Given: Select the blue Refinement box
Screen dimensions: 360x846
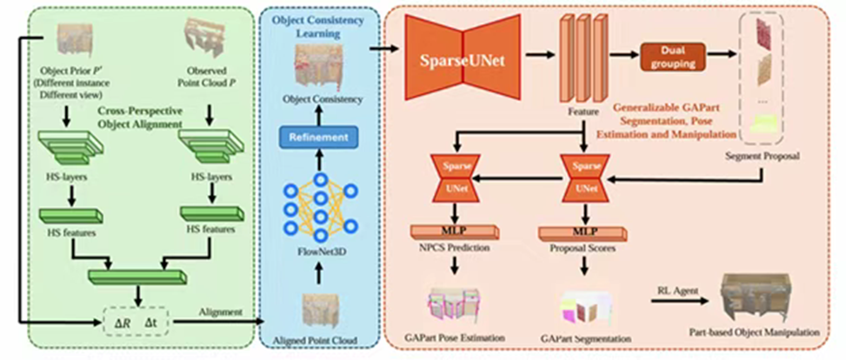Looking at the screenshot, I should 318,137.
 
